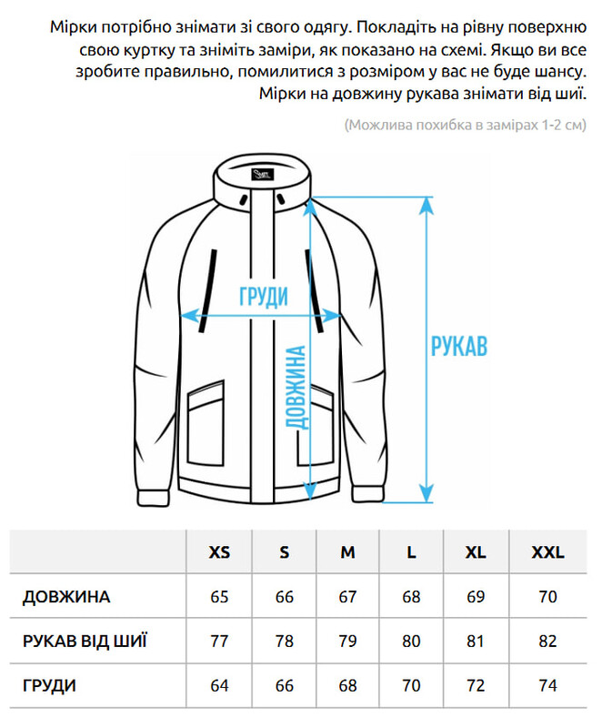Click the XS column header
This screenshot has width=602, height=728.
click(x=219, y=552)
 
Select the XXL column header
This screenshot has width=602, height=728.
click(x=547, y=552)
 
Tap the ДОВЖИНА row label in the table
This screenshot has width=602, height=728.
click(x=66, y=597)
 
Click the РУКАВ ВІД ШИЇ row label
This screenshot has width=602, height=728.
click(x=85, y=642)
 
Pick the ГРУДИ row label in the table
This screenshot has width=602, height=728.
click(x=49, y=686)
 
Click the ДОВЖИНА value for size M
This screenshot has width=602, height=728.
click(x=347, y=597)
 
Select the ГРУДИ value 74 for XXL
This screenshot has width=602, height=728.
click(x=547, y=686)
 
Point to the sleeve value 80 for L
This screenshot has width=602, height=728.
click(x=411, y=642)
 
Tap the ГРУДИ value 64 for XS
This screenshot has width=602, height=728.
click(x=219, y=686)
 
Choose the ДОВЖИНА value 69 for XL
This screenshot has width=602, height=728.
click(x=476, y=597)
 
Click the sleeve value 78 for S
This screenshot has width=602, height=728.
click(x=284, y=642)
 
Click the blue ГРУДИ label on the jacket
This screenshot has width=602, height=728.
click(x=264, y=297)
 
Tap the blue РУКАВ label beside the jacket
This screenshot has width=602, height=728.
click(x=459, y=346)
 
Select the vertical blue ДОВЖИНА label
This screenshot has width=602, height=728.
click(x=296, y=388)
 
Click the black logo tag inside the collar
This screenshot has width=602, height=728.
click(x=263, y=175)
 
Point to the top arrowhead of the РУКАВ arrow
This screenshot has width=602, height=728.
click(x=426, y=206)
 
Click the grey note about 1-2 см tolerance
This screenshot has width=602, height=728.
click(x=466, y=125)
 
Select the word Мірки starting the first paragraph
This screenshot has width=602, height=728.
click(x=73, y=27)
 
